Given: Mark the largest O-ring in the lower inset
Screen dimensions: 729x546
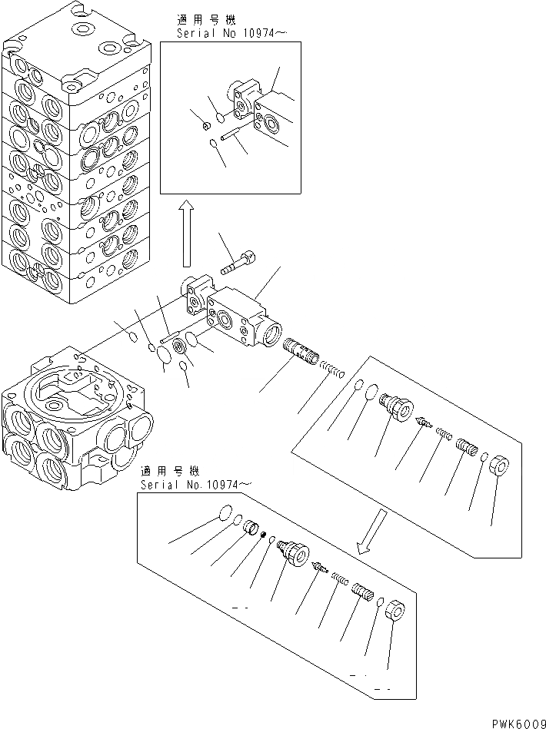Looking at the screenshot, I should point(224,512).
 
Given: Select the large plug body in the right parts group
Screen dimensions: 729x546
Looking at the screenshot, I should point(395,404).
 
